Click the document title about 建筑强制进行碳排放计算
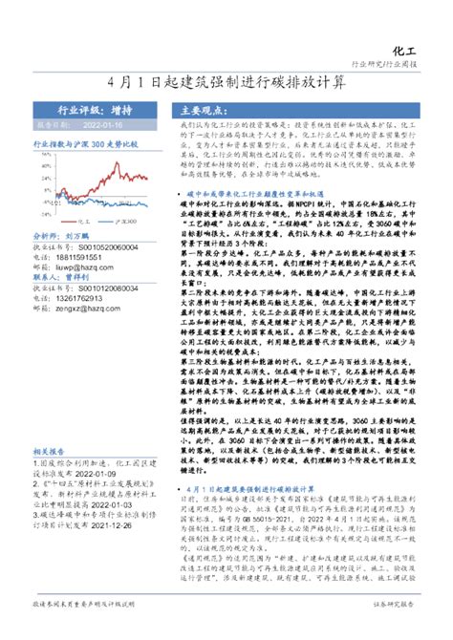tap(226, 82)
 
